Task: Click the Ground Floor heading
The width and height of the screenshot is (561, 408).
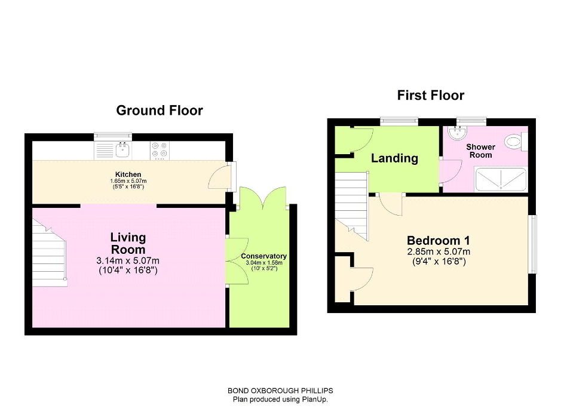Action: [159, 111]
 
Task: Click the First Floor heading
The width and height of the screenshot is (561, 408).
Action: [430, 96]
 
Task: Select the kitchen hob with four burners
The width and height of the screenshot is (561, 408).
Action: [159, 149]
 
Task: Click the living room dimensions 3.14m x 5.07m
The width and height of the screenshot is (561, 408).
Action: [128, 260]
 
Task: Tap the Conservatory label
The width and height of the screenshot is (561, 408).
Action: [263, 256]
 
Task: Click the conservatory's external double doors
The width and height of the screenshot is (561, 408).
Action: [263, 197]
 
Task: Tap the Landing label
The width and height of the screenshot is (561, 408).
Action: [394, 158]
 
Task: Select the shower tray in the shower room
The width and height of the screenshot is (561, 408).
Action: [500, 177]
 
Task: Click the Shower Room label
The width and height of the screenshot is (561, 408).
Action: [480, 151]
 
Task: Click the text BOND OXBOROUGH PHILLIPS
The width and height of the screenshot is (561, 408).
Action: [280, 391]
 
